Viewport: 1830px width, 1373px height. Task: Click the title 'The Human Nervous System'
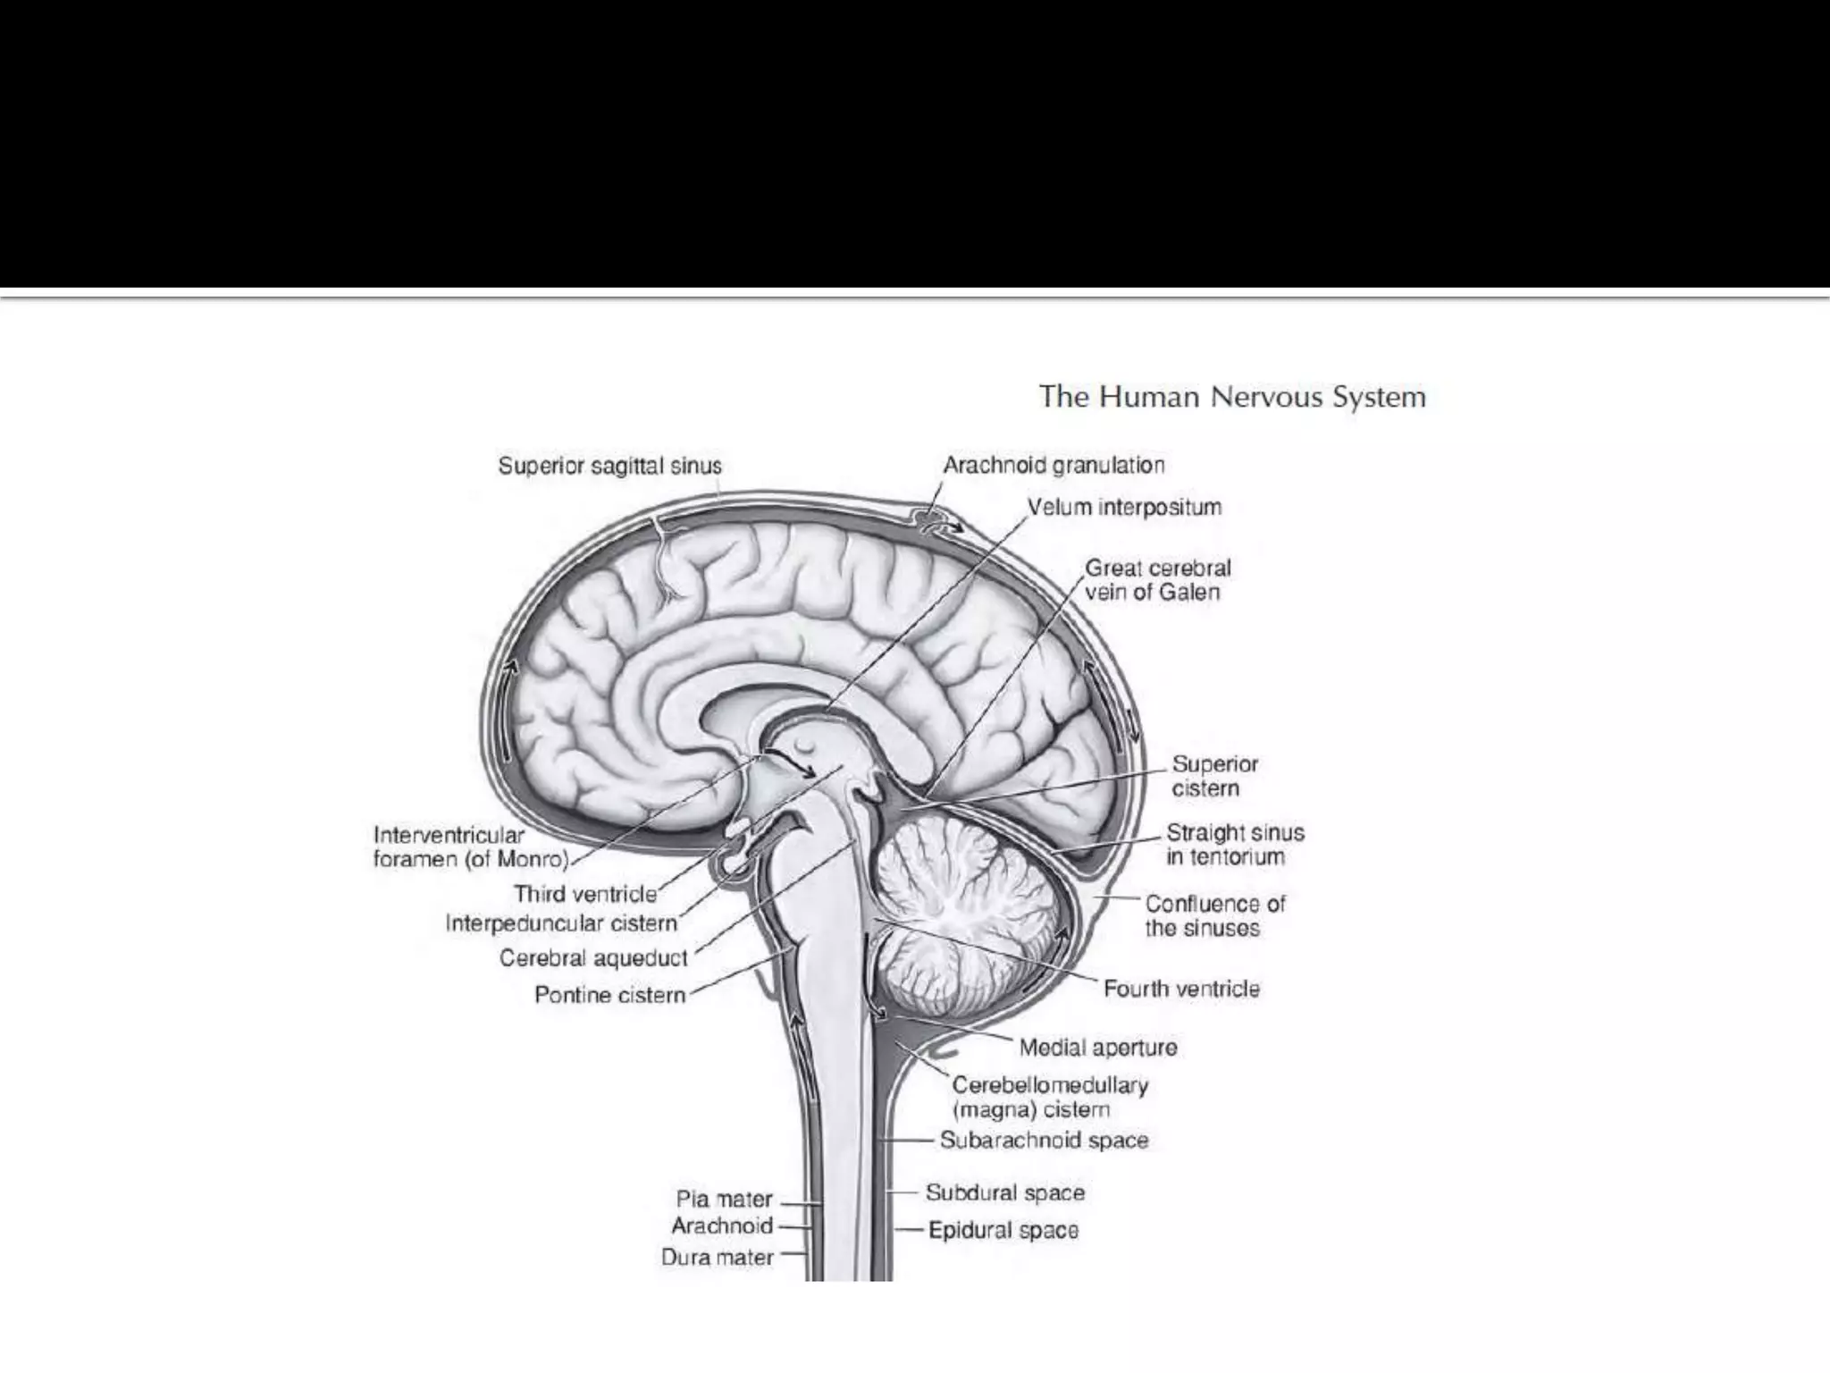(x=1232, y=397)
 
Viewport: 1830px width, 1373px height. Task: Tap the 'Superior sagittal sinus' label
(x=609, y=466)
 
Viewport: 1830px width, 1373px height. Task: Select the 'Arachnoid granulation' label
(x=1054, y=465)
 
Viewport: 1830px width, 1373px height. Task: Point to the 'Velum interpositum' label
(x=1124, y=508)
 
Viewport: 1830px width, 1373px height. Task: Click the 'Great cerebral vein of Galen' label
(x=1157, y=580)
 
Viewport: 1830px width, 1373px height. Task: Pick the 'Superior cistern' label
(x=1214, y=776)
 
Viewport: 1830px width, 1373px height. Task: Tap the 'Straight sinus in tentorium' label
(x=1235, y=845)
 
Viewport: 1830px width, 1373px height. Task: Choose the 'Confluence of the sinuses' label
(x=1214, y=915)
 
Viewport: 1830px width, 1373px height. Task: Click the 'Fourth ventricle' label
(x=1181, y=989)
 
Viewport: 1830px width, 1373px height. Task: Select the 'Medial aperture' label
(x=1098, y=1047)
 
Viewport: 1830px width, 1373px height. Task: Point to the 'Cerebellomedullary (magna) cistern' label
(x=1050, y=1098)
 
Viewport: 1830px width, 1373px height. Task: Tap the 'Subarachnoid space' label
(x=1044, y=1141)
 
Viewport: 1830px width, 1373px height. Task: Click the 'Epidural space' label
(x=1003, y=1231)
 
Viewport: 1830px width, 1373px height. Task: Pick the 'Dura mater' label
(x=717, y=1258)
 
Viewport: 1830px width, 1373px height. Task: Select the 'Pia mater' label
(x=724, y=1200)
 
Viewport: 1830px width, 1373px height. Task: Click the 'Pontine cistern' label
(x=609, y=995)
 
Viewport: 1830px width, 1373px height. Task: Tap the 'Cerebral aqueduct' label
(x=593, y=958)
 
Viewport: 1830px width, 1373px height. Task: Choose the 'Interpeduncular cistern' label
(x=561, y=923)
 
